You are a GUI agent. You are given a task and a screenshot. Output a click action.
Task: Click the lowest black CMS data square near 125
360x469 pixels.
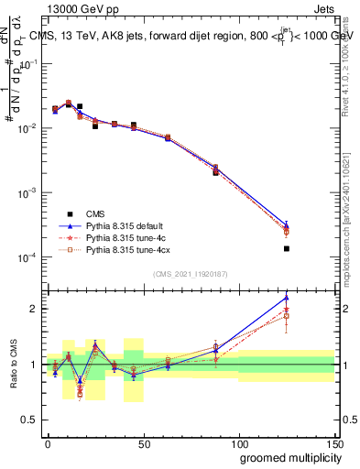click(x=287, y=248)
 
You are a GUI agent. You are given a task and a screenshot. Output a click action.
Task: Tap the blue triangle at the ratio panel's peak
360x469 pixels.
click(x=287, y=298)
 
